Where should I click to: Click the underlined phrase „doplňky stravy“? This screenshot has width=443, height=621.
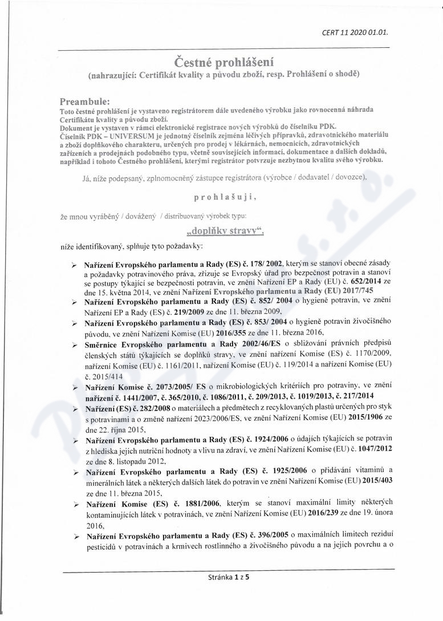point(221,232)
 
